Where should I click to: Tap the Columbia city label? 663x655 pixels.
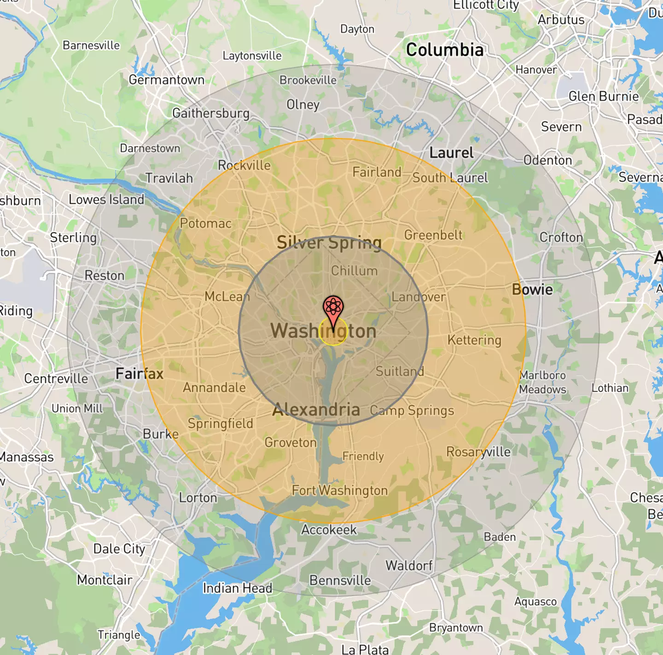(445, 50)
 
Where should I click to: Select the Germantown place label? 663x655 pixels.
(166, 80)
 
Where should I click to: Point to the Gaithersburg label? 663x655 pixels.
(211, 113)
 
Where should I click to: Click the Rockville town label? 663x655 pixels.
(244, 165)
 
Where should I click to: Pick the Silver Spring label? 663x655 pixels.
(329, 242)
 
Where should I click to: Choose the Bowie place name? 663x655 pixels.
(532, 290)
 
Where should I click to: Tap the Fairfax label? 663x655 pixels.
(140, 373)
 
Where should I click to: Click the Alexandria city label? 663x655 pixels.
(316, 409)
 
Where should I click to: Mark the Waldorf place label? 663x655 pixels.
(409, 565)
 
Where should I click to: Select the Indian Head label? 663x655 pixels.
(237, 588)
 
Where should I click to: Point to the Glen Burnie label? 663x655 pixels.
(603, 96)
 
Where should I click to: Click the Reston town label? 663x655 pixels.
(105, 275)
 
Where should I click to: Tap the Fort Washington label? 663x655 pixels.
(340, 490)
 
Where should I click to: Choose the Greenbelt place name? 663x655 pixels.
(433, 235)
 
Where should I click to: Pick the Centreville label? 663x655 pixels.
(56, 378)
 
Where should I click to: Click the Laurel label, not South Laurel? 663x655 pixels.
(451, 153)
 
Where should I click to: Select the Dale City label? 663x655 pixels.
(119, 549)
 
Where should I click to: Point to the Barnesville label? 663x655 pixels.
(91, 45)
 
